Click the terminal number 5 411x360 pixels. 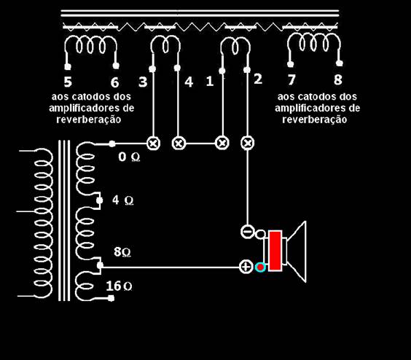[x=68, y=82]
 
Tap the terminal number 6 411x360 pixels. [x=115, y=82]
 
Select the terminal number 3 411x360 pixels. [x=143, y=82]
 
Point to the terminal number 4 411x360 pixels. [x=189, y=82]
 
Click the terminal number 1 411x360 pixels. [x=209, y=81]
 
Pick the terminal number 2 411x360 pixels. [x=258, y=79]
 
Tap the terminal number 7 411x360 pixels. [x=291, y=79]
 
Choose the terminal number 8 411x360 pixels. [x=338, y=79]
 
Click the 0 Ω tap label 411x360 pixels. [x=129, y=157]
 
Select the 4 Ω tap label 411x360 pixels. [x=123, y=200]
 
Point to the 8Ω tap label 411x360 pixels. [x=122, y=251]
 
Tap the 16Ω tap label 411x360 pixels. [x=119, y=286]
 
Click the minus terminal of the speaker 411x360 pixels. [x=247, y=232]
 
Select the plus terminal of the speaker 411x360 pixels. [x=246, y=267]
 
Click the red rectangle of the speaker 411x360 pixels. [x=275, y=251]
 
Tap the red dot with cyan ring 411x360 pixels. [x=260, y=267]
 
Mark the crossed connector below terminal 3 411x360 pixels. [x=153, y=143]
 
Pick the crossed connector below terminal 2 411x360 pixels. [x=247, y=143]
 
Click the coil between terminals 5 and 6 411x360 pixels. [x=90, y=45]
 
